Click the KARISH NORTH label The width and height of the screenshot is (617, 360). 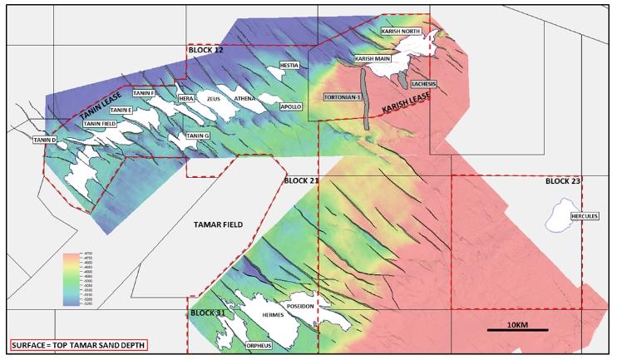(402, 31)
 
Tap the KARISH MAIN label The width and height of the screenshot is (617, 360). (373, 59)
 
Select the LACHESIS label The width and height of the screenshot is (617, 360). (423, 84)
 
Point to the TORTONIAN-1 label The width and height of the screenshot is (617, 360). (343, 97)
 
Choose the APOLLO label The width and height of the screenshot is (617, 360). (291, 107)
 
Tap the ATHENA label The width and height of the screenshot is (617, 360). (245, 98)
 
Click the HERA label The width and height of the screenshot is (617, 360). (186, 98)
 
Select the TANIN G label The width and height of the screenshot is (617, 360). (198, 136)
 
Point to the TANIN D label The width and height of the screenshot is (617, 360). (44, 140)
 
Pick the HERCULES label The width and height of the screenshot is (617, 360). (585, 217)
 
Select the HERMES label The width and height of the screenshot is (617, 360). (273, 315)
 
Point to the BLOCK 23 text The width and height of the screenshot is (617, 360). (562, 180)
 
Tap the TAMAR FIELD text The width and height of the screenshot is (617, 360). (217, 224)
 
